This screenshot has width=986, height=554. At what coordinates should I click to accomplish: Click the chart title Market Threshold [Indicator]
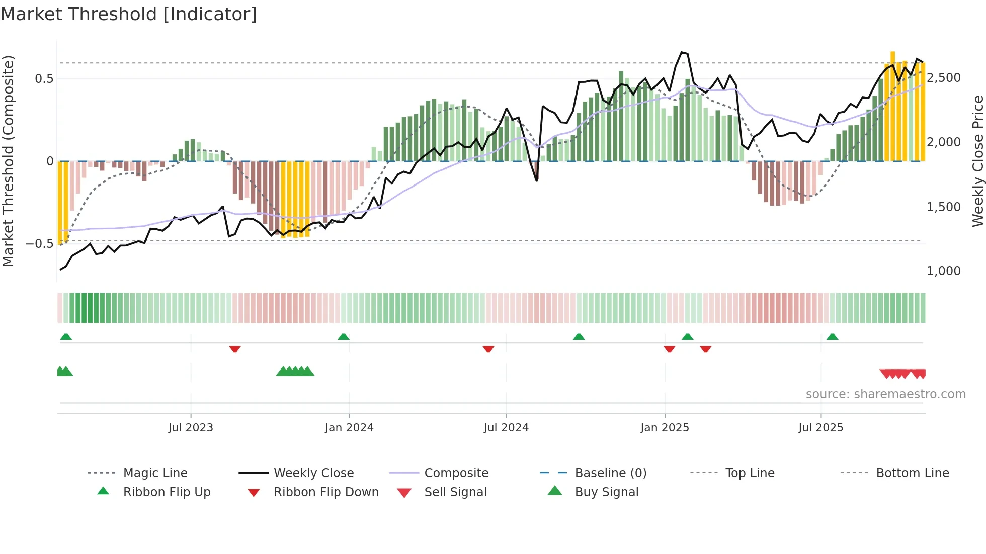point(129,14)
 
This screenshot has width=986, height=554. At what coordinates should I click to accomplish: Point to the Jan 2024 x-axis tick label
point(349,428)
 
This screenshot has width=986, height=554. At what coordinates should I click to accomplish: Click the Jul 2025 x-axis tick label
point(820,428)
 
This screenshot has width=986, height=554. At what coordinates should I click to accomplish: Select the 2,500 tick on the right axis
point(943,78)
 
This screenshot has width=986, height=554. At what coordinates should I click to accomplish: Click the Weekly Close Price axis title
point(977,161)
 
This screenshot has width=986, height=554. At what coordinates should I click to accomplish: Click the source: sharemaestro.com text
point(885,394)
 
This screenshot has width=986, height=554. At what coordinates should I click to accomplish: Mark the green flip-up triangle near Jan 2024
point(344,337)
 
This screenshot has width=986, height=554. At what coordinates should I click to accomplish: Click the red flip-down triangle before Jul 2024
point(488,349)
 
